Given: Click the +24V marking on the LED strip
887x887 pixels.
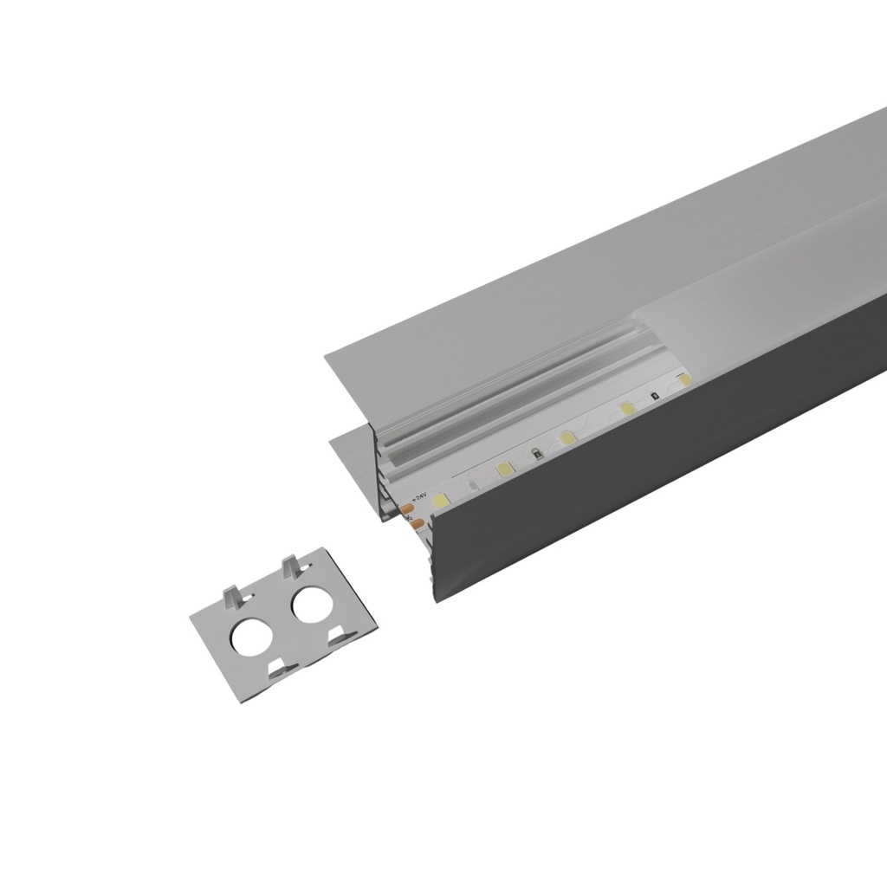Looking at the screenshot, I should pyautogui.click(x=419, y=496).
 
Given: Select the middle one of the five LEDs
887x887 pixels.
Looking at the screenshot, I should pyautogui.click(x=567, y=438).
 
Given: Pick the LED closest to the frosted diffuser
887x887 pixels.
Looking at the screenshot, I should pyautogui.click(x=684, y=379).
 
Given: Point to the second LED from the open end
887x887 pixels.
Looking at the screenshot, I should pyautogui.click(x=504, y=469).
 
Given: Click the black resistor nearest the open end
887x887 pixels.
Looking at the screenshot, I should pyautogui.click(x=537, y=452).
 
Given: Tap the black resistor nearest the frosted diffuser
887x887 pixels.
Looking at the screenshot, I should pyautogui.click(x=654, y=395).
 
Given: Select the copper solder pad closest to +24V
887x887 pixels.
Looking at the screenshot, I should pyautogui.click(x=406, y=508).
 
